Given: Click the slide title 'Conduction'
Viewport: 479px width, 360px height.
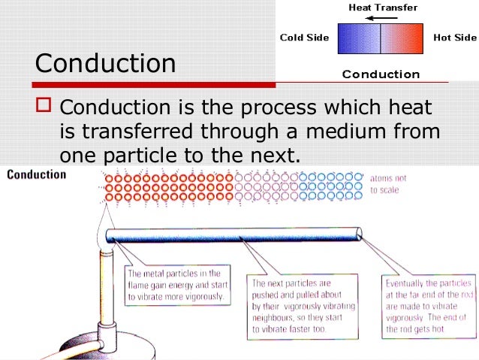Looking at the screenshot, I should point(105,63).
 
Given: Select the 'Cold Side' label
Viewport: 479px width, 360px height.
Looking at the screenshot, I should point(303,37).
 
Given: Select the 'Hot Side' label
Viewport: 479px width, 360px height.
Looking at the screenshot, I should point(454,37).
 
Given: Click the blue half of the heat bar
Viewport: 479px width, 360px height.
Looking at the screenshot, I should point(359,38).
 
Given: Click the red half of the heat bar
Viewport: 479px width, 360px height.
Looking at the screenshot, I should point(402,38).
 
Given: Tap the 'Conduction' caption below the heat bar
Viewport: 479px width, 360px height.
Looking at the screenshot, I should point(381,74).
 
